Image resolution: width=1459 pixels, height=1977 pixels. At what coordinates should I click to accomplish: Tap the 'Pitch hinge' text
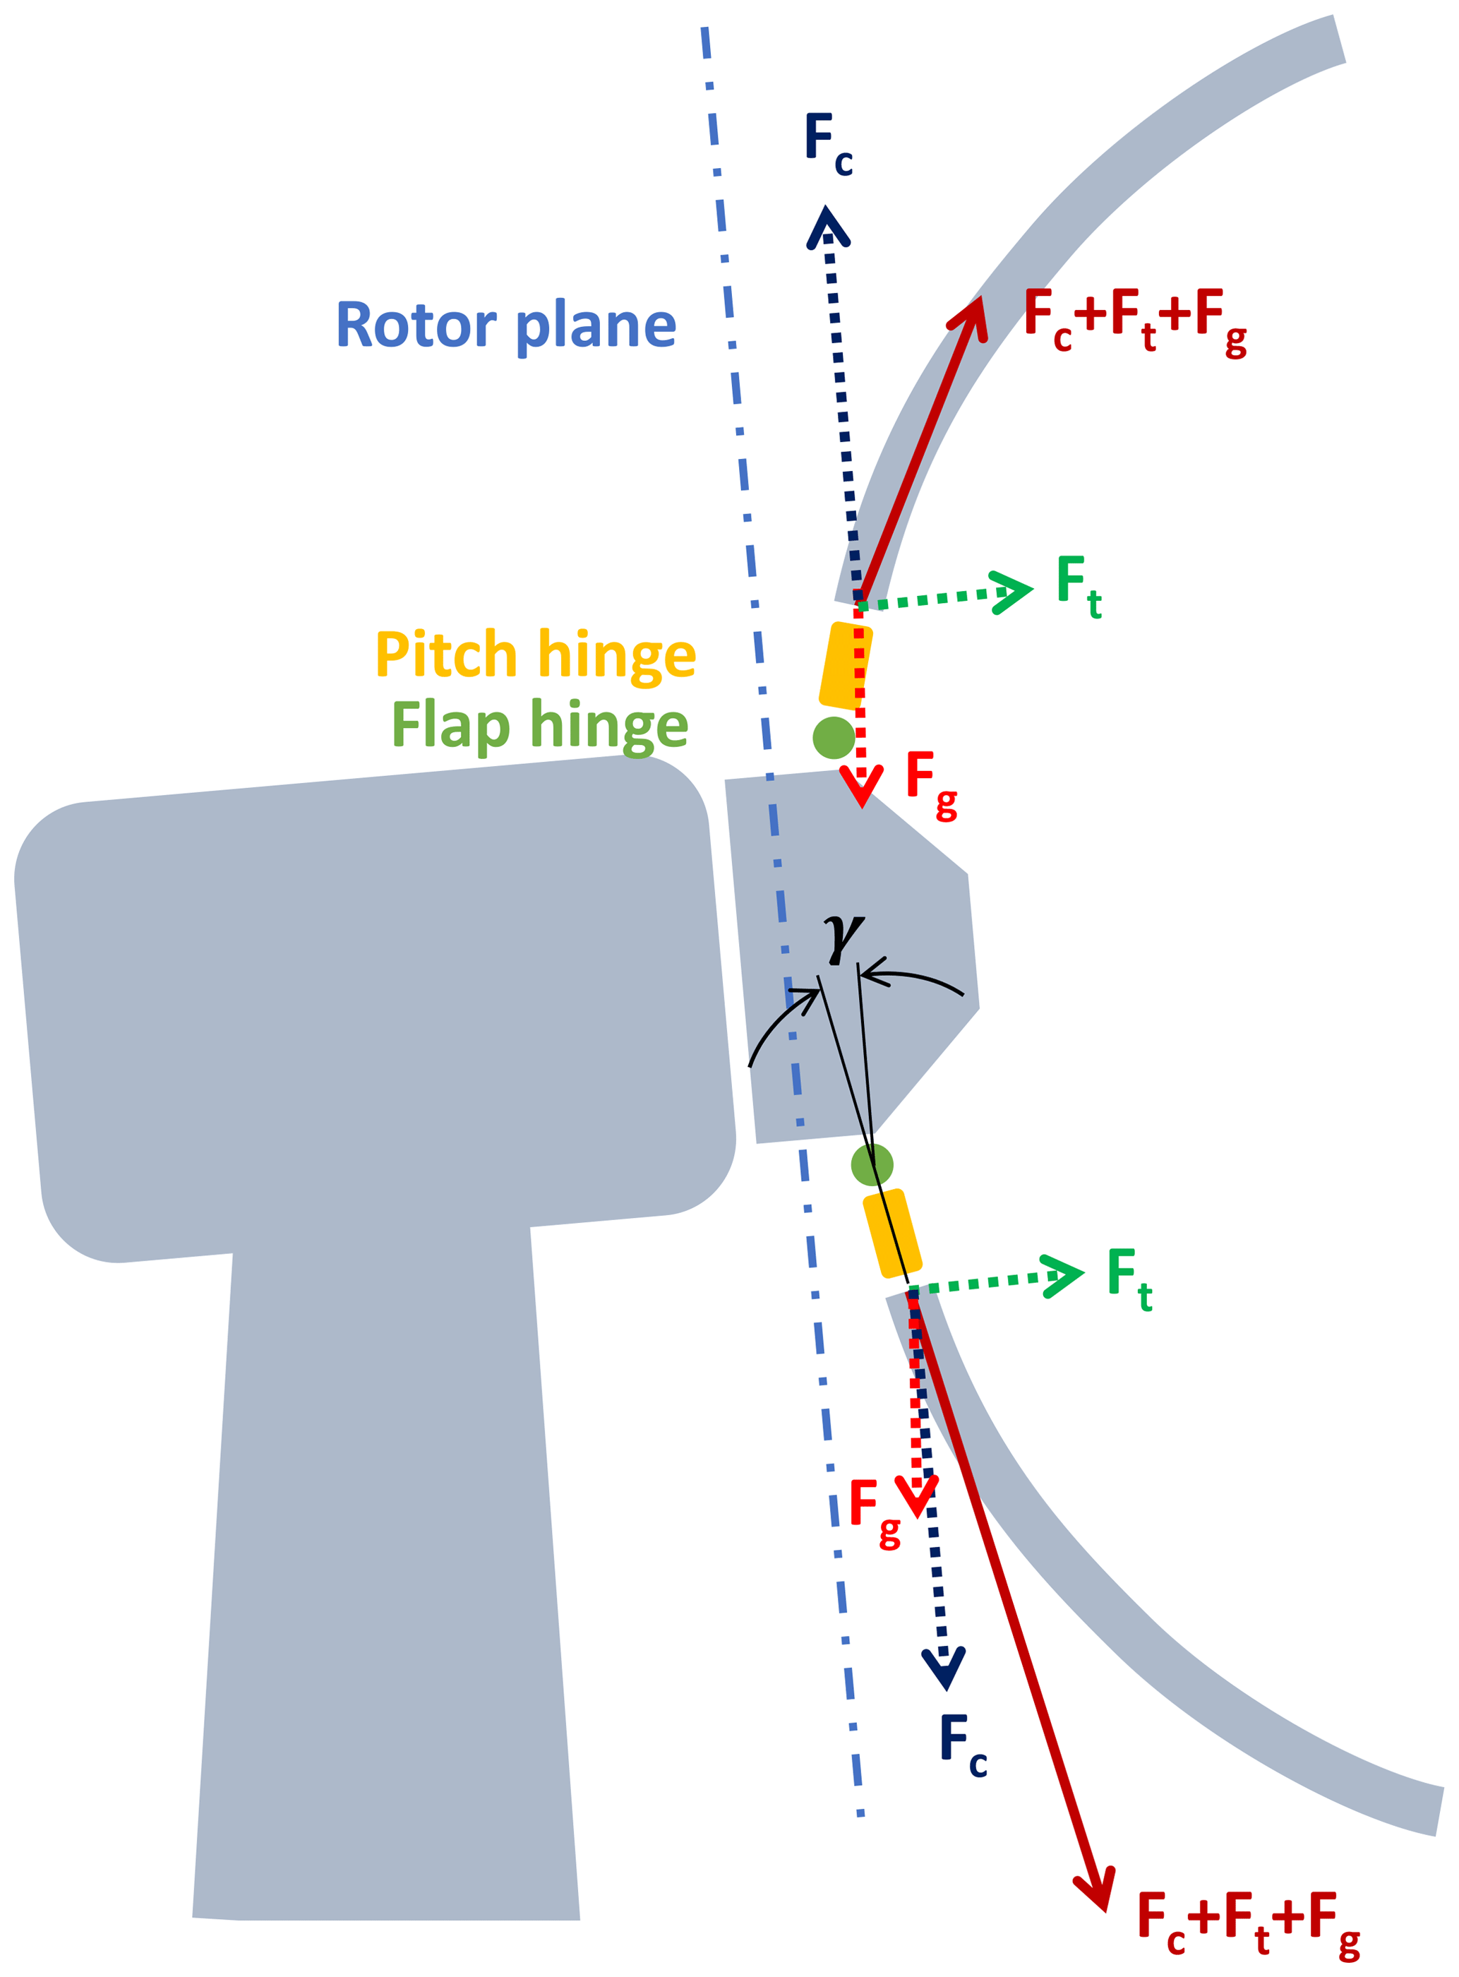[x=536, y=655]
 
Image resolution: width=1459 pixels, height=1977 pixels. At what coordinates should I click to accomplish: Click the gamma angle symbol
[x=843, y=938]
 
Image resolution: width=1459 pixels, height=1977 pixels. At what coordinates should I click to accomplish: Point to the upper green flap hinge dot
[x=834, y=738]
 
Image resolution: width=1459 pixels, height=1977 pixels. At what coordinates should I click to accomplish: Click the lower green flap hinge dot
[x=872, y=1165]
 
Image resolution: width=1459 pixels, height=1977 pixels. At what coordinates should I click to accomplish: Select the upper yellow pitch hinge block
[x=845, y=666]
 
